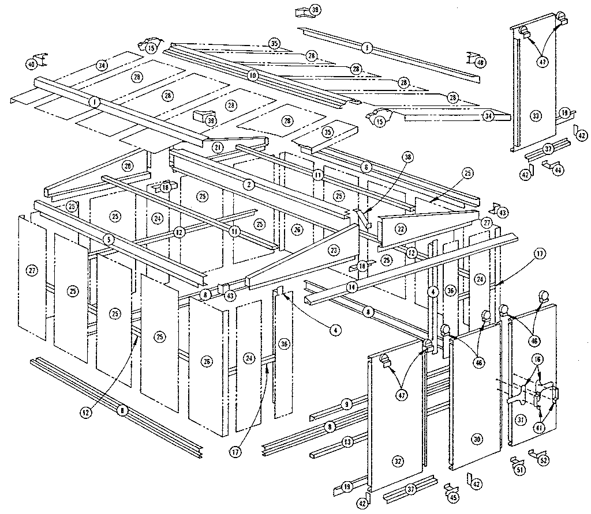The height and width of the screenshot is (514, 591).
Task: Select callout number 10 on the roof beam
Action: click(x=252, y=75)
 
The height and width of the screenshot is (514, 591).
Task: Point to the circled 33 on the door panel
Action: click(x=536, y=116)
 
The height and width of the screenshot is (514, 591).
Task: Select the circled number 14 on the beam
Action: click(x=351, y=286)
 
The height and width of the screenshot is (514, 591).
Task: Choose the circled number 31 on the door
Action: click(x=520, y=419)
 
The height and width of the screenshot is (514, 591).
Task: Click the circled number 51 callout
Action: click(x=521, y=469)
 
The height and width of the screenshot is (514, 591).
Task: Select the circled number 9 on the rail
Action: click(x=346, y=405)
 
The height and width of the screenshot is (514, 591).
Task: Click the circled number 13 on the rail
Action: click(x=346, y=442)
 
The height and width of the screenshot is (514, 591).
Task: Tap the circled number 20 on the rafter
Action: click(x=127, y=165)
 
